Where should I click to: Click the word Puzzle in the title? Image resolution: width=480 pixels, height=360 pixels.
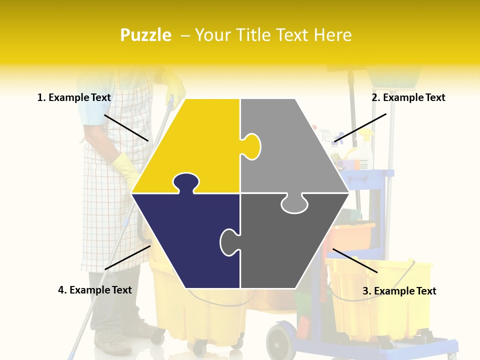click(x=145, y=35)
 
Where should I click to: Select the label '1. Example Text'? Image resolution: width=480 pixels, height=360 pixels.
click(x=74, y=98)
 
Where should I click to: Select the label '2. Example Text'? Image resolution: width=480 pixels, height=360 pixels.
click(x=408, y=98)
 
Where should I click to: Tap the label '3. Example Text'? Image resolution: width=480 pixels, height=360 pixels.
click(x=399, y=291)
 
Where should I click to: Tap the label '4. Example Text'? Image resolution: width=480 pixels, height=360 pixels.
click(x=95, y=290)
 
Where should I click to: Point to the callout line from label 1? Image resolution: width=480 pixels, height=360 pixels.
click(x=126, y=127)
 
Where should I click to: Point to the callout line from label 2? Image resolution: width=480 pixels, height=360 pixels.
click(x=360, y=127)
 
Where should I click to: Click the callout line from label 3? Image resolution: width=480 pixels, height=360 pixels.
click(x=355, y=260)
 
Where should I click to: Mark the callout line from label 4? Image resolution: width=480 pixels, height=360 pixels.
click(x=127, y=257)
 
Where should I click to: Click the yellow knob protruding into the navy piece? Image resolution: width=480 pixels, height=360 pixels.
click(x=186, y=182)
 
